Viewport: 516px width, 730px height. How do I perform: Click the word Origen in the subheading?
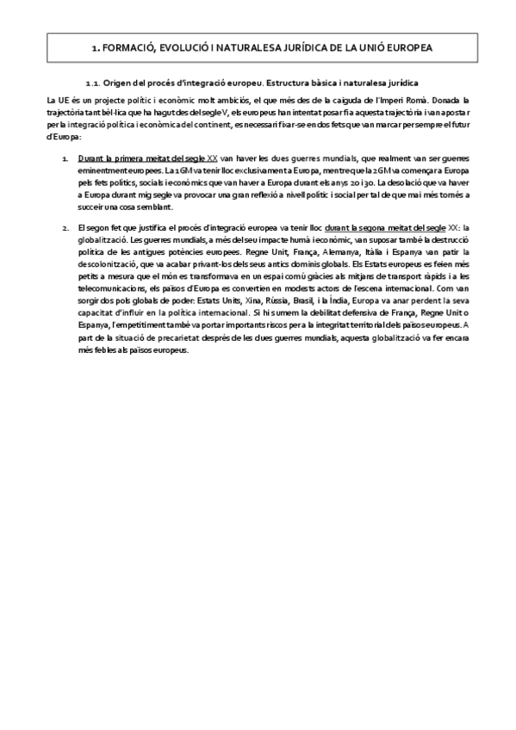(115, 84)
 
